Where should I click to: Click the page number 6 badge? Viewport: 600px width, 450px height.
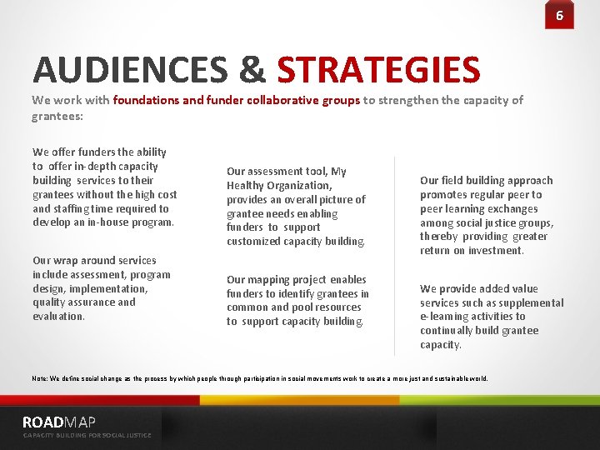point(559,15)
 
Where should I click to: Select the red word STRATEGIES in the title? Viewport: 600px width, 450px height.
point(378,70)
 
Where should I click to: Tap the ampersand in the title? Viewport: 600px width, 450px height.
point(252,70)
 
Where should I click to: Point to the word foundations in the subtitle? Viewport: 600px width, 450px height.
point(144,100)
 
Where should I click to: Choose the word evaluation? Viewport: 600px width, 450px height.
point(59,317)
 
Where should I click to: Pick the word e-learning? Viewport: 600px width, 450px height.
point(448,317)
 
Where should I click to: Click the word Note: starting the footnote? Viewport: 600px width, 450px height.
point(40,378)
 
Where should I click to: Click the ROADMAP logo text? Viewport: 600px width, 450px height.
point(59,422)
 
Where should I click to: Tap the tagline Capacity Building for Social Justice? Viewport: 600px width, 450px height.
point(87,435)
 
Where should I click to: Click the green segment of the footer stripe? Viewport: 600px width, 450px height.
point(500,400)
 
